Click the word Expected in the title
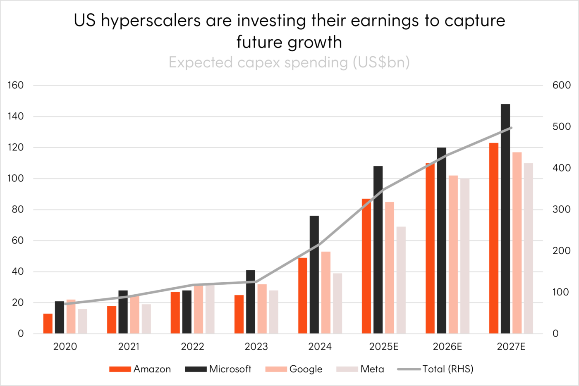[x=201, y=62]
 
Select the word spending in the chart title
[x=316, y=63]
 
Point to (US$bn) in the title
[x=381, y=62]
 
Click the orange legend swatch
[x=120, y=369]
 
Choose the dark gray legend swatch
[x=196, y=369]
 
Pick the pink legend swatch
[x=276, y=369]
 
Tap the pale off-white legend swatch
[x=347, y=369]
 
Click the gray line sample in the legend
[x=409, y=369]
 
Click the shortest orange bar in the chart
[x=48, y=323]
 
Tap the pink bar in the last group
[x=517, y=243]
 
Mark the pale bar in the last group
[x=529, y=248]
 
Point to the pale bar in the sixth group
[x=401, y=280]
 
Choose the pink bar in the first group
[x=71, y=316]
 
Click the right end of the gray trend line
[x=512, y=127]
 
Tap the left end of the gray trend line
[x=65, y=304]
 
